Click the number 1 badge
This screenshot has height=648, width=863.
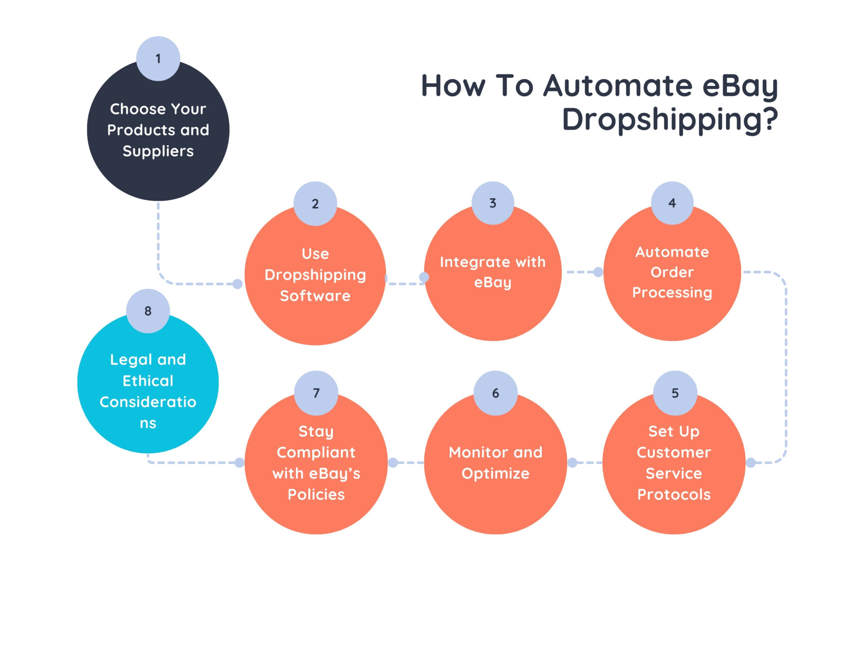pyautogui.click(x=158, y=58)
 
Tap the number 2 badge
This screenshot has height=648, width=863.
pyautogui.click(x=315, y=203)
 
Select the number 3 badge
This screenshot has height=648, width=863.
pyautogui.click(x=493, y=203)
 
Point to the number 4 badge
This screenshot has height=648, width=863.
pyautogui.click(x=672, y=203)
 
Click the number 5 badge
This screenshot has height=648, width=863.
pyautogui.click(x=675, y=393)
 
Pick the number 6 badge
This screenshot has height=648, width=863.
pyautogui.click(x=495, y=393)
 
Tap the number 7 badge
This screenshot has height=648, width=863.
pyautogui.click(x=316, y=393)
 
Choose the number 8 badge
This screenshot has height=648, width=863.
pyautogui.click(x=148, y=311)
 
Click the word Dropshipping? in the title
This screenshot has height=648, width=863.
pyautogui.click(x=670, y=120)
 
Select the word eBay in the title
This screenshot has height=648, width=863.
pyautogui.click(x=740, y=85)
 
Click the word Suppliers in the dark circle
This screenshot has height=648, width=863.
pyautogui.click(x=158, y=151)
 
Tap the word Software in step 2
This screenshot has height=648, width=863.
pyautogui.click(x=315, y=296)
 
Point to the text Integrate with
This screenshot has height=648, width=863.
pyautogui.click(x=493, y=262)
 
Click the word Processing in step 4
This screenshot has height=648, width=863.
pyautogui.click(x=672, y=292)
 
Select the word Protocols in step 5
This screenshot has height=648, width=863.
pyautogui.click(x=674, y=495)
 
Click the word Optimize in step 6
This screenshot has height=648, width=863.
pyautogui.click(x=495, y=473)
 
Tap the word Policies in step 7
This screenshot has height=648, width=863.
pyautogui.click(x=316, y=495)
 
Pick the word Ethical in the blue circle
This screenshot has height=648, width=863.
pyautogui.click(x=148, y=381)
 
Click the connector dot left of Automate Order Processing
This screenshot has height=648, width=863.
pyautogui.click(x=598, y=272)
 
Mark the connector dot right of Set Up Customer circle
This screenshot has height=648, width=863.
pyautogui.click(x=751, y=462)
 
